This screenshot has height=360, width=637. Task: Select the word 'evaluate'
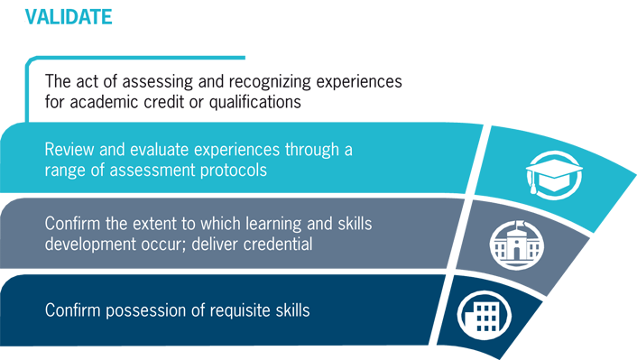click(160, 149)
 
